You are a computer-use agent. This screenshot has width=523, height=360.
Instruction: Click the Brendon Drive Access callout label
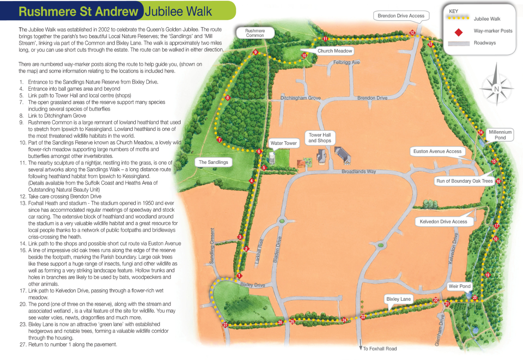coord(401,16)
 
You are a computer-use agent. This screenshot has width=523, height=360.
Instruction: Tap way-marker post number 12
coord(412,33)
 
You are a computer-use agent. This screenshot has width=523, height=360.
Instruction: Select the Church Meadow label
coord(335,51)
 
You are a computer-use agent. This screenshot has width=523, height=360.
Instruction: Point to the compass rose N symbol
coord(496,89)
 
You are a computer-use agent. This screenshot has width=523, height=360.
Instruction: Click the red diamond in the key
coord(458,32)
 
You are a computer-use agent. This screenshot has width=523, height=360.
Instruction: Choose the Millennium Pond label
coord(500,135)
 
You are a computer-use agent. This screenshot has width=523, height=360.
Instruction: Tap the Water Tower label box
coord(283,143)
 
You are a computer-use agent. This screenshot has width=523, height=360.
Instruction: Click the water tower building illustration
coord(272,158)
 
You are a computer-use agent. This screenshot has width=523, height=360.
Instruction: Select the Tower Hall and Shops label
coord(320,138)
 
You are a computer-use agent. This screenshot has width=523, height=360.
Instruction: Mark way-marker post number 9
coord(256,52)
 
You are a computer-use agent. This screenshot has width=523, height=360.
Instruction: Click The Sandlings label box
coord(213,162)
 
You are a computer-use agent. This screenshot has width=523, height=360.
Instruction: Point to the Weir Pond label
coord(459,286)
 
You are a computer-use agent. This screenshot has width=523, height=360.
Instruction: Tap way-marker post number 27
coord(225,325)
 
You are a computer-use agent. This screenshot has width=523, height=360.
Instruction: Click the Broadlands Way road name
coord(359,172)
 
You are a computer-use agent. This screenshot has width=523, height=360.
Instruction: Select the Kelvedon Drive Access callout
coord(443,222)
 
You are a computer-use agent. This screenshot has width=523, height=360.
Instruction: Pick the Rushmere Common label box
coord(255,33)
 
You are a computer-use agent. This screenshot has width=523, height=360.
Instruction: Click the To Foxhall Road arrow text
coord(379,349)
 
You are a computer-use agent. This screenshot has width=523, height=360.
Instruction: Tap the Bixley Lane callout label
coord(399,299)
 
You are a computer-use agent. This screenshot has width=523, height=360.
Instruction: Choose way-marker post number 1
coord(239,276)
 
